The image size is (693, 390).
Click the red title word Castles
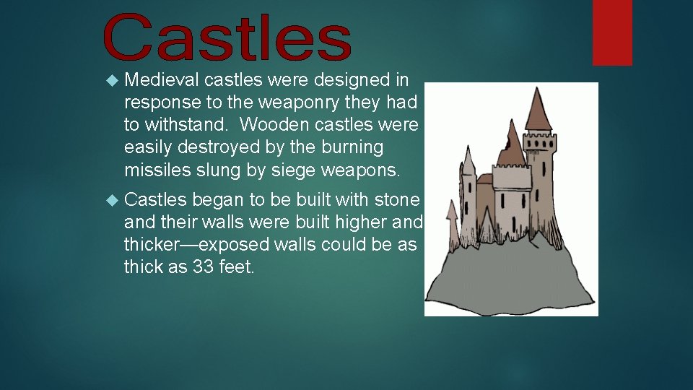coord(227,38)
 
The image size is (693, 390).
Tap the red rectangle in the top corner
coord(612,32)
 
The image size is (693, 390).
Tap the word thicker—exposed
coord(197,245)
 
